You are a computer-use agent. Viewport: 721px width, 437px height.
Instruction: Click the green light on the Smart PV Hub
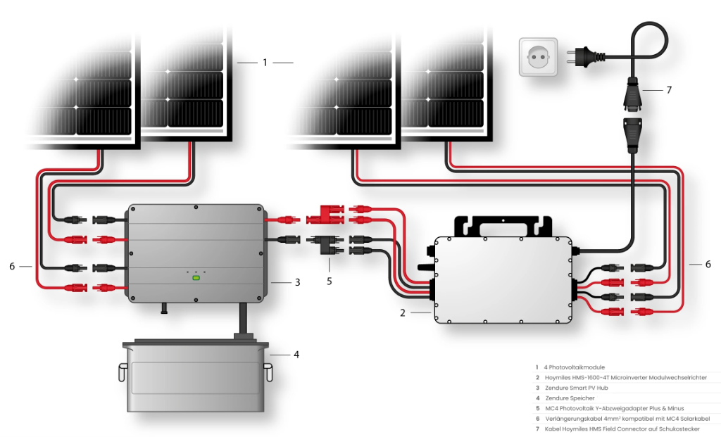coord(196,277)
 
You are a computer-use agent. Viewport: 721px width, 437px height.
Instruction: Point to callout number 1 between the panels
coord(265,63)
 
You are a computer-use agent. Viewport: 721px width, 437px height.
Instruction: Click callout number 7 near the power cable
coord(669,90)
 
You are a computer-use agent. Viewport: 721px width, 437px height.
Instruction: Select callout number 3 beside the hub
coord(298,282)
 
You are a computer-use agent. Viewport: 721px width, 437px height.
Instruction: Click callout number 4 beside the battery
coord(296,354)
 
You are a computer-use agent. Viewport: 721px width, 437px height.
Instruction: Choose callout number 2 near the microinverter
coord(403,312)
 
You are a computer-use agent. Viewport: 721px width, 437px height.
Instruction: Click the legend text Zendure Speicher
coord(570,398)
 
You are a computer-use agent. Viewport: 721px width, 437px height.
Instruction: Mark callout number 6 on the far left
coord(12,267)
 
